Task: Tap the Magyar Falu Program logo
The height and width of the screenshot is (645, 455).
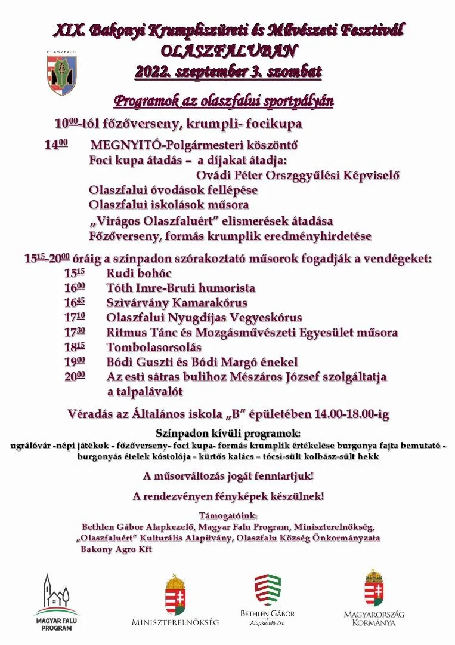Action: click(56, 602)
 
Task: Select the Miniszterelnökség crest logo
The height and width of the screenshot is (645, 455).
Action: click(175, 600)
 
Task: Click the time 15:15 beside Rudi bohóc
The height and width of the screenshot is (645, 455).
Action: click(75, 273)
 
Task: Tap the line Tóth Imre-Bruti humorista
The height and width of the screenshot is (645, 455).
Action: click(181, 288)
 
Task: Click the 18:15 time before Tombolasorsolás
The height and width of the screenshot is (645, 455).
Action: click(75, 347)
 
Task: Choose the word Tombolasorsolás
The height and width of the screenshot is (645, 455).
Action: click(154, 347)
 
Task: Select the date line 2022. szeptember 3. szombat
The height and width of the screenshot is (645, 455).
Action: click(228, 72)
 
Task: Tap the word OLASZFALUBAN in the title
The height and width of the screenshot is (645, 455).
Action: click(228, 51)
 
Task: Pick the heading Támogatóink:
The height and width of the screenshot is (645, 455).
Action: click(227, 515)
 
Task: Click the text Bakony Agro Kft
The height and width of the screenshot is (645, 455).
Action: click(116, 549)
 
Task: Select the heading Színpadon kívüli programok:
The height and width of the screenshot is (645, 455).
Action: click(228, 433)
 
